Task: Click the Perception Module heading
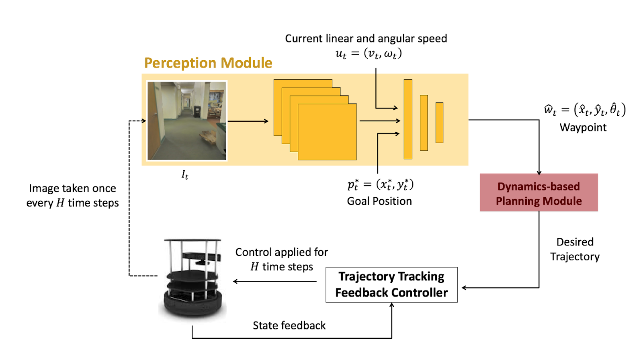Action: coord(208,63)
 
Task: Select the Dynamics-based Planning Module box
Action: coord(539,193)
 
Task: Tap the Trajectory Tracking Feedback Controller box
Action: coord(391,284)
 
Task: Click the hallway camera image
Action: coord(187,121)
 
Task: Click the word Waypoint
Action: coord(583,127)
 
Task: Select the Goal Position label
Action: coord(379,201)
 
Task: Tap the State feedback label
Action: coord(289,325)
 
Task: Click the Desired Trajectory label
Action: coord(575,249)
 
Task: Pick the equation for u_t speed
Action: coord(369,53)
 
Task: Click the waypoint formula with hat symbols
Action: coord(585,110)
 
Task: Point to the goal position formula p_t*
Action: coord(380,184)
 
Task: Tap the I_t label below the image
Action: coord(185,174)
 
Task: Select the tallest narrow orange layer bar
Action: coord(408,119)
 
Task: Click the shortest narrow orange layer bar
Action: coord(439,123)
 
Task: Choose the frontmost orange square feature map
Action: coord(327,132)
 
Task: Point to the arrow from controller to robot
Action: coord(275,281)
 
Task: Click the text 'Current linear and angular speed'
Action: coord(366,39)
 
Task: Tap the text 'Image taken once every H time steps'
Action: coord(72,195)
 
